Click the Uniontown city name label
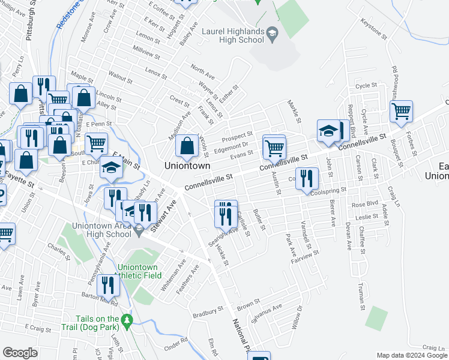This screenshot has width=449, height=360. click(188, 165)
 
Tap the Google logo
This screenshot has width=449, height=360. click(20, 353)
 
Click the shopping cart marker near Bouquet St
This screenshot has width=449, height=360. click(400, 110)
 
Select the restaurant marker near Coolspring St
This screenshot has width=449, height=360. click(306, 178)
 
